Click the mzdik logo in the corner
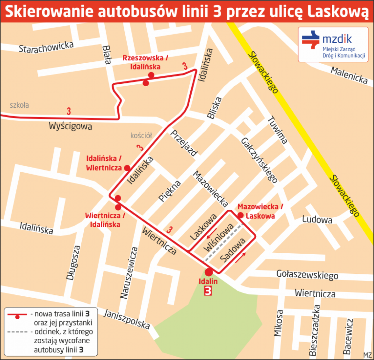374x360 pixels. click(x=333, y=44)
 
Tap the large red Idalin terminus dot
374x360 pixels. click(x=208, y=272)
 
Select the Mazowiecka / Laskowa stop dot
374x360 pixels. click(x=240, y=215)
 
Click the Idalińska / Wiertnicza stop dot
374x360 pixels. click(x=127, y=168)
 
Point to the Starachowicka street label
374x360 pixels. click(x=46, y=47)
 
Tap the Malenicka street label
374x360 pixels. click(x=349, y=75)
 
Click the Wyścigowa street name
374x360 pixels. click(x=70, y=126)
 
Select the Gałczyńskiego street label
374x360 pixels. click(x=259, y=160)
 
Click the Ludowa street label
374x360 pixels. click(x=317, y=220)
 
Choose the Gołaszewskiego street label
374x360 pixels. click(x=307, y=274)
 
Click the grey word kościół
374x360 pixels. click(x=141, y=135)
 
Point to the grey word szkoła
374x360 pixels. click(x=19, y=105)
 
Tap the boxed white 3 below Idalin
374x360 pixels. click(x=208, y=291)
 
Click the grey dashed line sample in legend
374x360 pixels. click(x=17, y=332)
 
